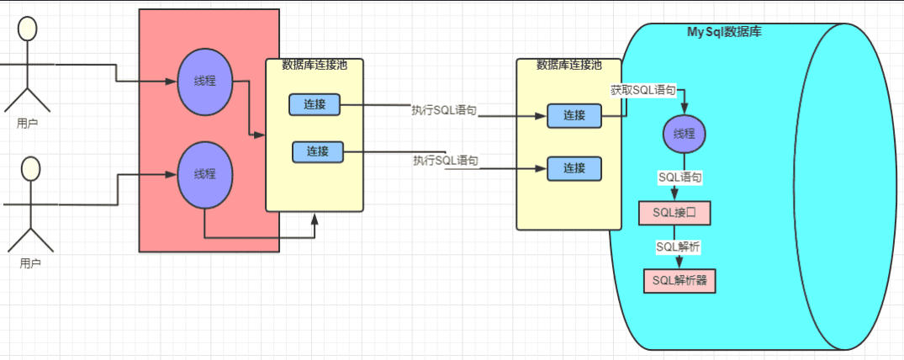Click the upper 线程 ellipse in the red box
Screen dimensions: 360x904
(204, 82)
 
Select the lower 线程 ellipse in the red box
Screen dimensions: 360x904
(204, 175)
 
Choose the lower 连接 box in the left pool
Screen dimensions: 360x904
(318, 151)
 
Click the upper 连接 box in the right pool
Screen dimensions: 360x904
(574, 115)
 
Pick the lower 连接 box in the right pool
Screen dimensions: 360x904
(574, 168)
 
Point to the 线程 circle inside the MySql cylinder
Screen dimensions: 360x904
(684, 134)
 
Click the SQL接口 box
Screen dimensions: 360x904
(674, 214)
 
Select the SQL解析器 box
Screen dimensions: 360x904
(680, 281)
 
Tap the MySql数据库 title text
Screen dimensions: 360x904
(724, 32)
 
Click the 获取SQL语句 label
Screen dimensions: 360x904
(643, 90)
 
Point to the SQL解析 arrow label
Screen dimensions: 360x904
(679, 247)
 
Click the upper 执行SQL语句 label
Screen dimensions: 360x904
(444, 110)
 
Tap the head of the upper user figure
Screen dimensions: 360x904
(28, 29)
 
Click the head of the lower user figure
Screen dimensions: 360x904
(31, 168)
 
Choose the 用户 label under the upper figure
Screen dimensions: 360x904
(28, 123)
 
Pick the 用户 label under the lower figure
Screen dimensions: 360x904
(31, 262)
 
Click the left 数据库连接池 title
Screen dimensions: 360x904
(315, 65)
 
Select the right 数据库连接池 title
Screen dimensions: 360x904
(569, 65)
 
